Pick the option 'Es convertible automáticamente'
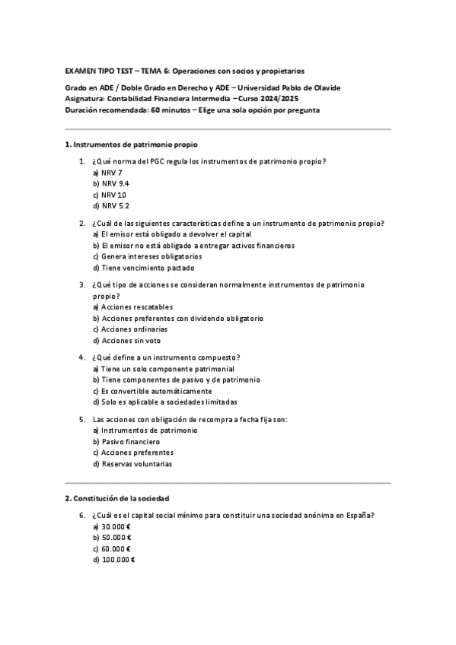coord(147,390)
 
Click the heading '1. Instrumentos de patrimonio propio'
coord(133,144)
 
